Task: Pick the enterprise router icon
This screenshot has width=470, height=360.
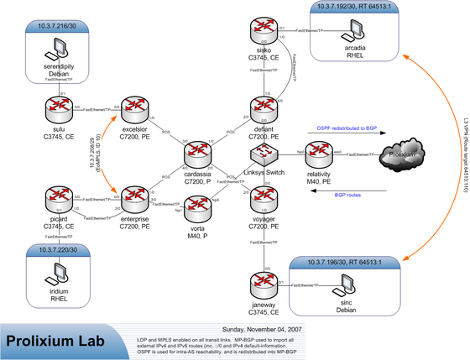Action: pos(135,201)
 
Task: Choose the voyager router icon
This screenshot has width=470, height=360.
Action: pos(265,201)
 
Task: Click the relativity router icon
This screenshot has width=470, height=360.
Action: pos(320,154)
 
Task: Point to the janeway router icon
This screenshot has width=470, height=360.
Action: pos(265,284)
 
